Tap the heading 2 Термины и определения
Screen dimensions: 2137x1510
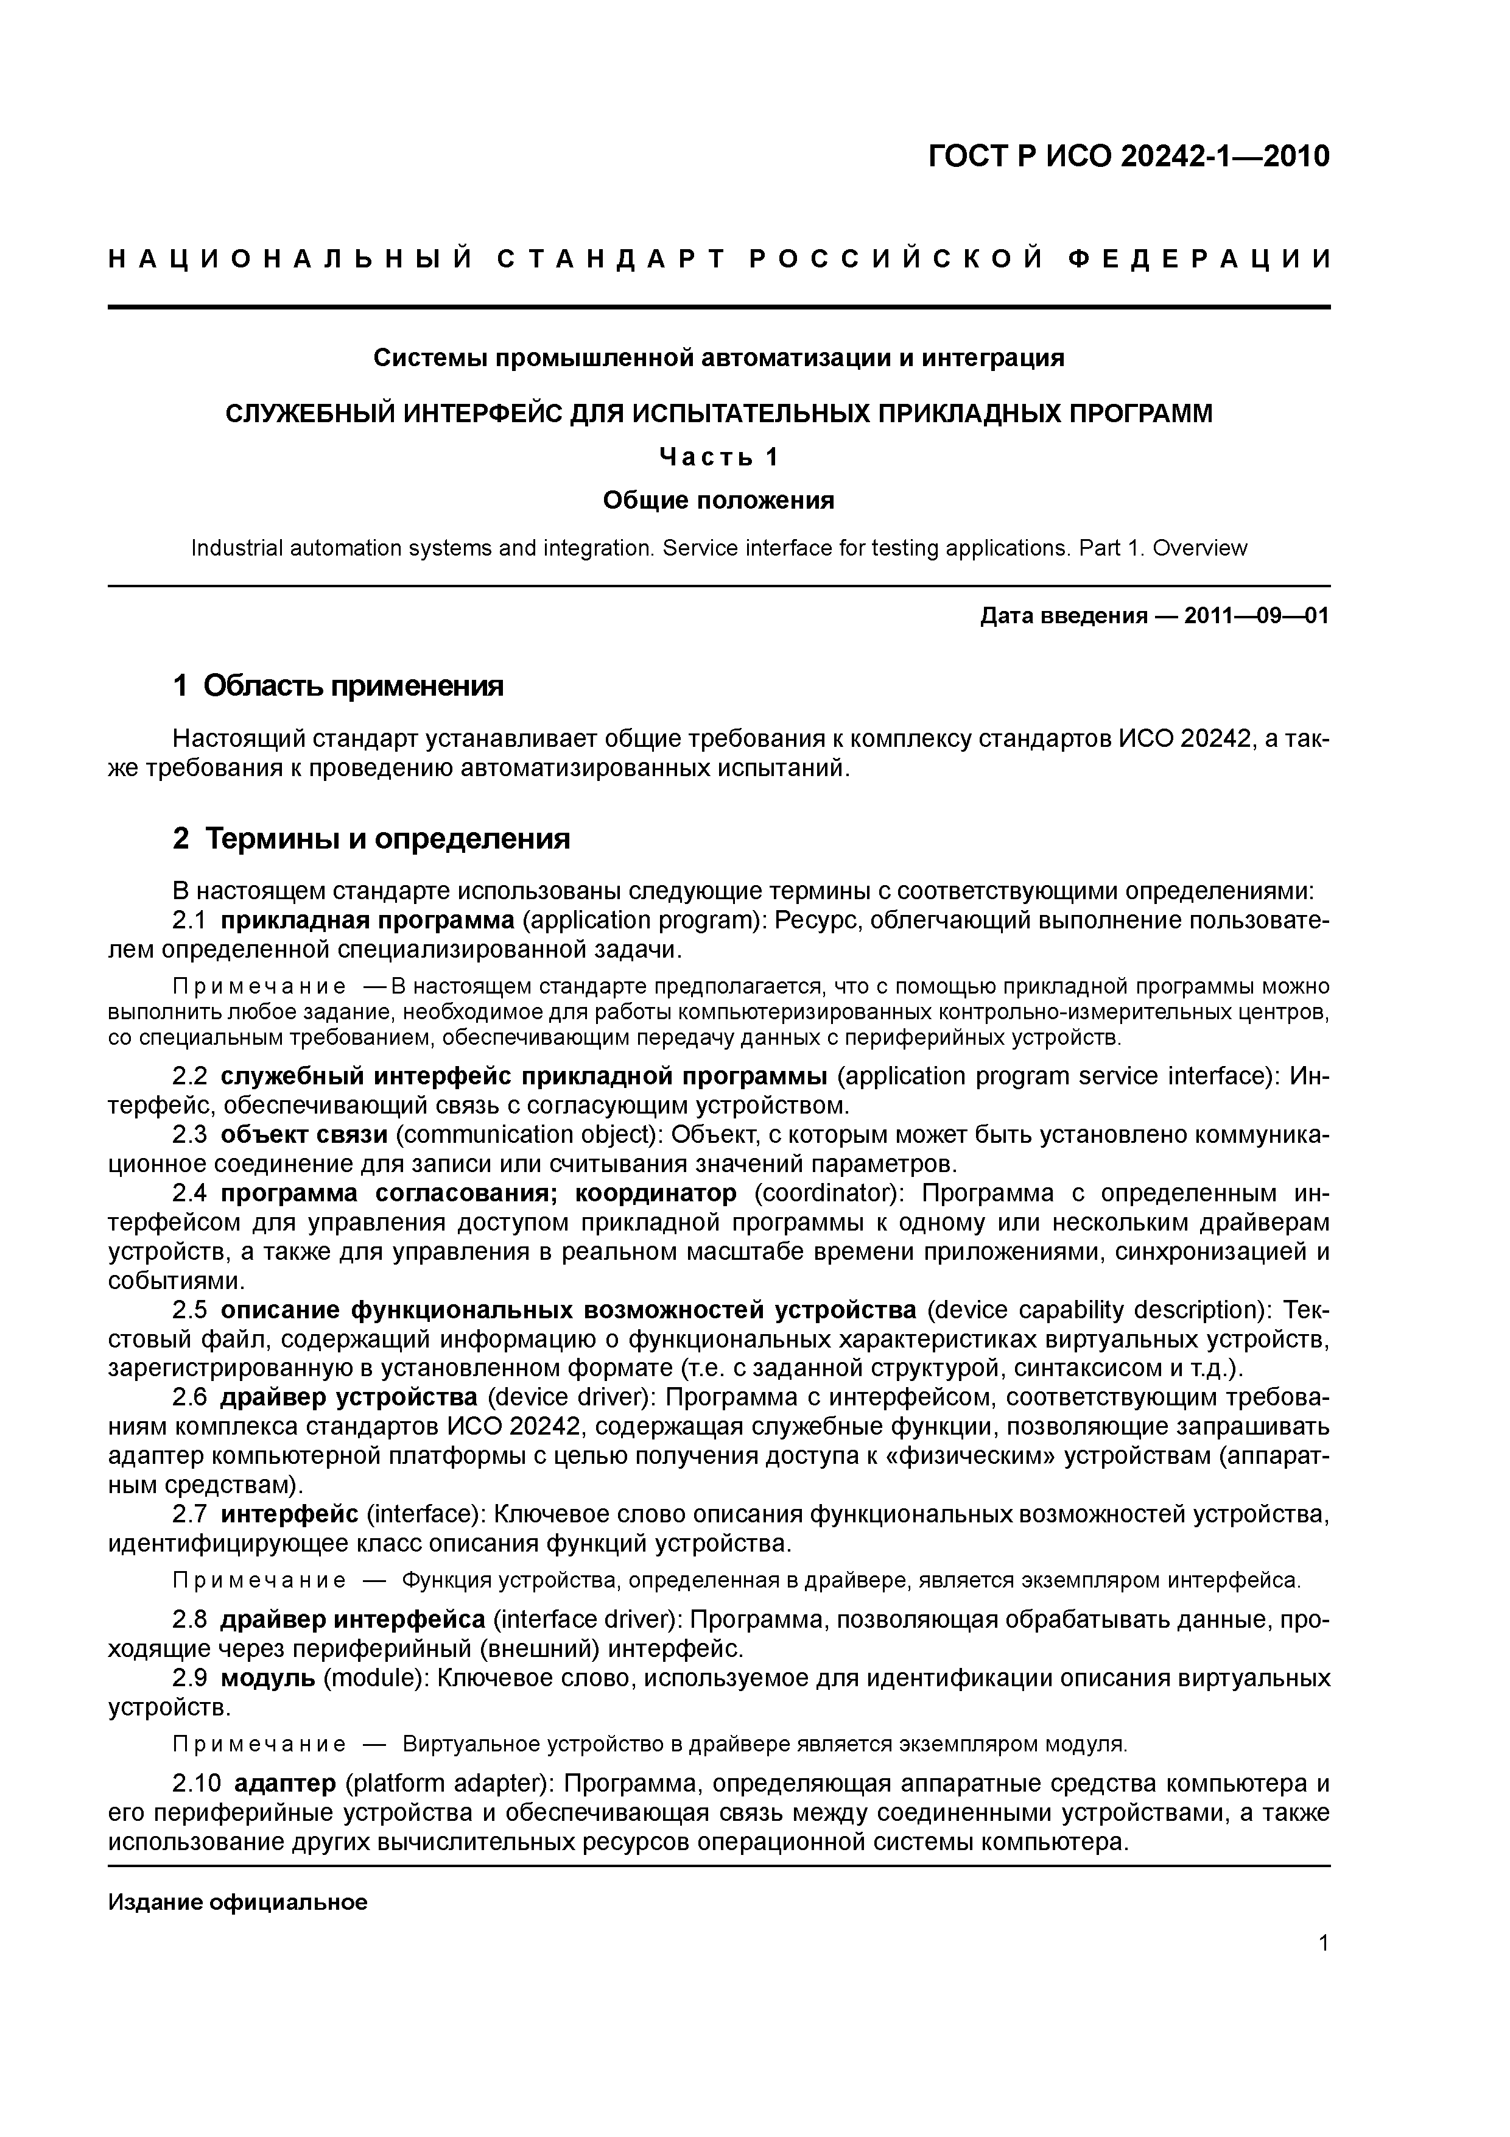pos(371,839)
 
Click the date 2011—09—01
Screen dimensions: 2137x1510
pos(1256,616)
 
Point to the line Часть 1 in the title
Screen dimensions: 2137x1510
pos(718,457)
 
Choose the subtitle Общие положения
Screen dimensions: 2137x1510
pos(718,501)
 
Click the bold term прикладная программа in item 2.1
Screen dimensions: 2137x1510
pos(368,920)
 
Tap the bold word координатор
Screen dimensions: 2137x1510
pos(656,1193)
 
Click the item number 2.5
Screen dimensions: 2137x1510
pos(190,1310)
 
